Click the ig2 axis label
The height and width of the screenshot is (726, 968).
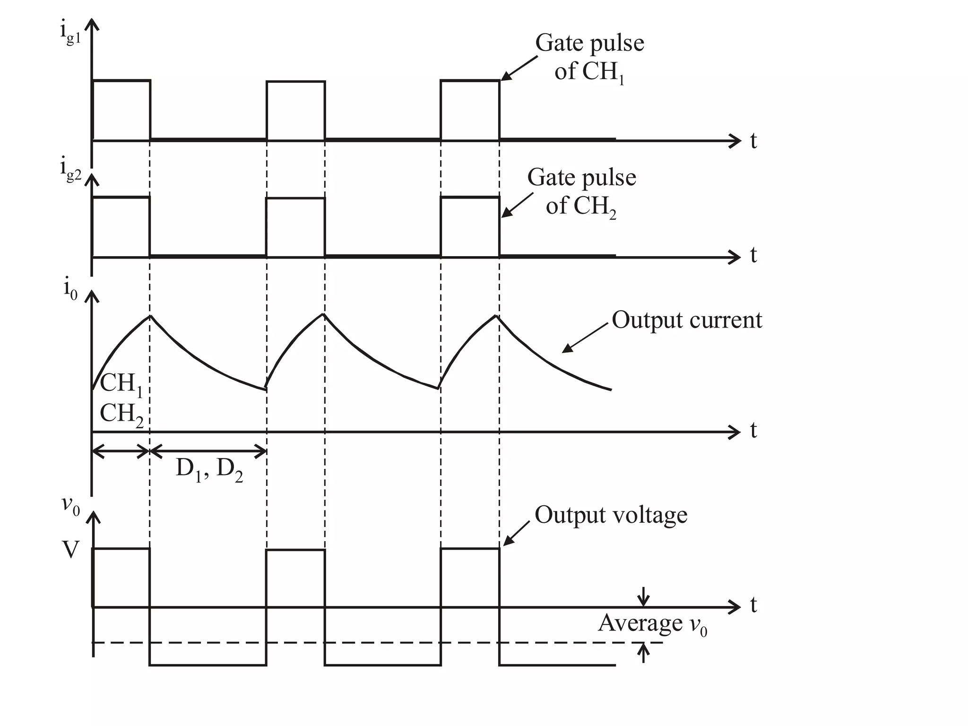tap(70, 171)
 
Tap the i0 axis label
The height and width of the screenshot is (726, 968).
tap(70, 288)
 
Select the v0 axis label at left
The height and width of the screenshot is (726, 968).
tap(70, 506)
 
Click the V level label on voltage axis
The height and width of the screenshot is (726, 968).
tap(70, 550)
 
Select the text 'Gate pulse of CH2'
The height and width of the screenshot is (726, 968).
tap(581, 192)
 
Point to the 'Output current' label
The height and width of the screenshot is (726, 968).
tap(686, 320)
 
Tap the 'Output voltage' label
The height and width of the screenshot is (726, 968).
tap(611, 515)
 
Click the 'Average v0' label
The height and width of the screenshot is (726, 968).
tap(652, 624)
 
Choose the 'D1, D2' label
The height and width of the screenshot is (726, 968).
tap(209, 470)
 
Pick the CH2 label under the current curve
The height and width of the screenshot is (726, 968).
tap(121, 414)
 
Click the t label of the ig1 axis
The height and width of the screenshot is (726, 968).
tap(753, 141)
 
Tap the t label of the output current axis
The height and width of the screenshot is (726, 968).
tap(753, 431)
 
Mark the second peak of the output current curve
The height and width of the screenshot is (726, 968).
tap(324, 314)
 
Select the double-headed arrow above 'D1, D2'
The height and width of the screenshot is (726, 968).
tap(208, 451)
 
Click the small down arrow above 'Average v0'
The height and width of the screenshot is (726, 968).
tap(643, 597)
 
